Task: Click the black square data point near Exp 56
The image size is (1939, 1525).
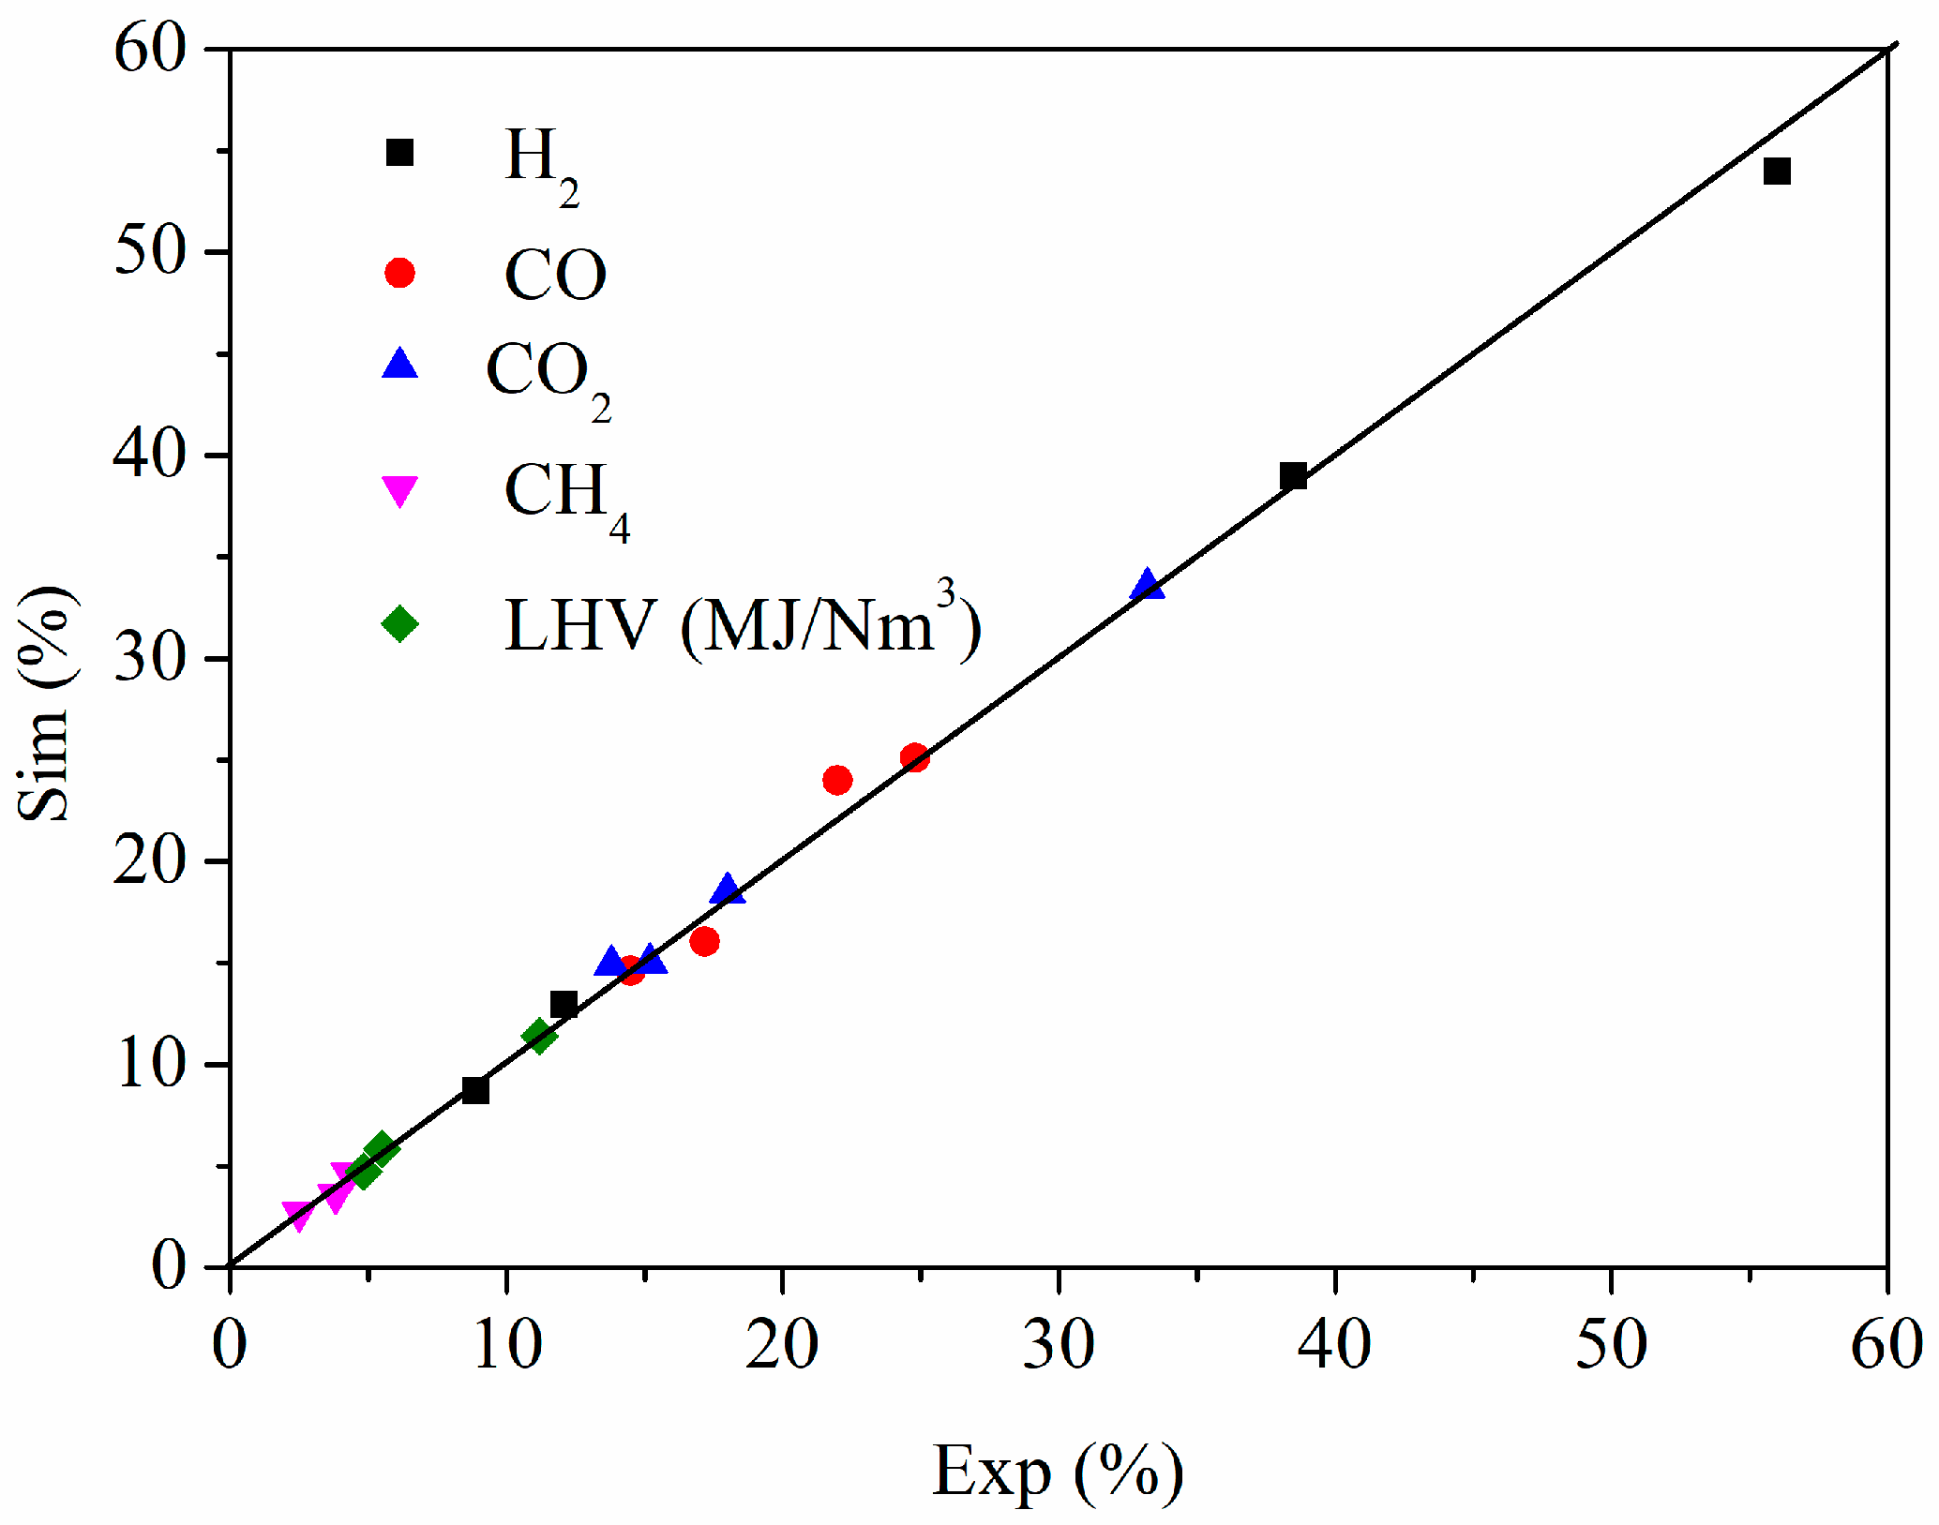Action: (1777, 172)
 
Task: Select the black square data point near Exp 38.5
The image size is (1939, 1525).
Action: (1294, 476)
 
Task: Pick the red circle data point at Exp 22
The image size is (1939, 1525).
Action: (837, 780)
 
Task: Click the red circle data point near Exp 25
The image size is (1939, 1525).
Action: (915, 757)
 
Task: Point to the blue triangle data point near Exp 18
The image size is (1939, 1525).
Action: (727, 890)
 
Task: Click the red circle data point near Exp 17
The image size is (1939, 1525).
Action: (704, 941)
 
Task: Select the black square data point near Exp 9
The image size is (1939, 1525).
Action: (475, 1090)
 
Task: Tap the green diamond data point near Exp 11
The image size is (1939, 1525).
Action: (539, 1037)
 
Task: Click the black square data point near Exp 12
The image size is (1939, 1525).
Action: (564, 1005)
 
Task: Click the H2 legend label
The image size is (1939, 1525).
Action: (542, 164)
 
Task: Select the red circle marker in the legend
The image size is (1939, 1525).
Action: (399, 273)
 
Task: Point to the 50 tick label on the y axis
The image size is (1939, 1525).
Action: (150, 252)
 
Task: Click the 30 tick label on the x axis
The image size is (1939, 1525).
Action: (1059, 1345)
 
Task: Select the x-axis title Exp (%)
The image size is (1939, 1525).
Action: (1058, 1472)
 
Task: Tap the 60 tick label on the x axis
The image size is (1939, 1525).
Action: (1886, 1345)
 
